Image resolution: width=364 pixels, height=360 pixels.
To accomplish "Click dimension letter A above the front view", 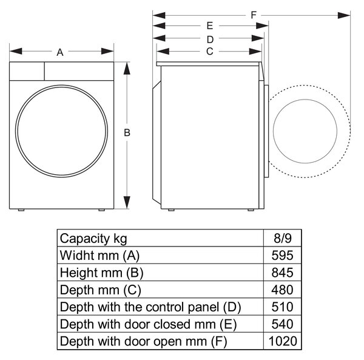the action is point(60,52).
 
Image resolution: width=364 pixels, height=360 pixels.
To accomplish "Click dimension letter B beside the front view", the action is point(127,132).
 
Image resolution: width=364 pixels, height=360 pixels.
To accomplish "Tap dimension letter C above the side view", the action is point(210,52).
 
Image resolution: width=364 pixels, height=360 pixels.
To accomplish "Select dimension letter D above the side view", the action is point(210,39).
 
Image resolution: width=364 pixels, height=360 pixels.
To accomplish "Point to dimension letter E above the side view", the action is point(210,25).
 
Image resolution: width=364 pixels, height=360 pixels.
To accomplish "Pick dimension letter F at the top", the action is point(254,15).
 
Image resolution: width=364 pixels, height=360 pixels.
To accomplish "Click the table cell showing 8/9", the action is point(283,239).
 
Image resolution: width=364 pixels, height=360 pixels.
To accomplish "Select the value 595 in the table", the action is point(283,255).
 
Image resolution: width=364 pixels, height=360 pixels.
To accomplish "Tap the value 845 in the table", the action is point(283,273).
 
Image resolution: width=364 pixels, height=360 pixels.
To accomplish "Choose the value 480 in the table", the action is point(283,290).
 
